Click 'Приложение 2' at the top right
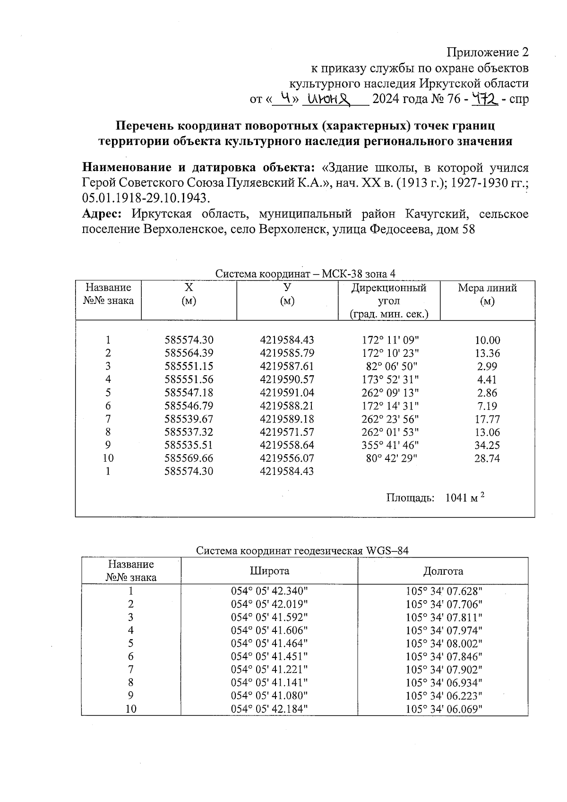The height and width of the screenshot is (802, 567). (488, 52)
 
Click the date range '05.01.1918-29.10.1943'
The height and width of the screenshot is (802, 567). (145, 198)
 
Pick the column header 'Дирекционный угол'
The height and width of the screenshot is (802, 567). (388, 294)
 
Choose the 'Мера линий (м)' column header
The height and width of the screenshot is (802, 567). (487, 294)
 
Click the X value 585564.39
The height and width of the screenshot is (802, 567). (189, 353)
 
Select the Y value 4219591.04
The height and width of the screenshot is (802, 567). (287, 393)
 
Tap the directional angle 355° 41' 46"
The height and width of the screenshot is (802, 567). (392, 445)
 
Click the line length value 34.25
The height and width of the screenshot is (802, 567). (487, 445)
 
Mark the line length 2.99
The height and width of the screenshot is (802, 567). (487, 366)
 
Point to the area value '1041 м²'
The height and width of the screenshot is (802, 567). (465, 498)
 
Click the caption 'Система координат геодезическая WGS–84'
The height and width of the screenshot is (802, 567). (302, 551)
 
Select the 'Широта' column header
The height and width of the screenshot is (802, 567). (269, 571)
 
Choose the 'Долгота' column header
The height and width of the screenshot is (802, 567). (443, 571)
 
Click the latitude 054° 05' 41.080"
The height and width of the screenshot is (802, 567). (269, 696)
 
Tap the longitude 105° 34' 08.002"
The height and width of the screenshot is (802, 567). (444, 644)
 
